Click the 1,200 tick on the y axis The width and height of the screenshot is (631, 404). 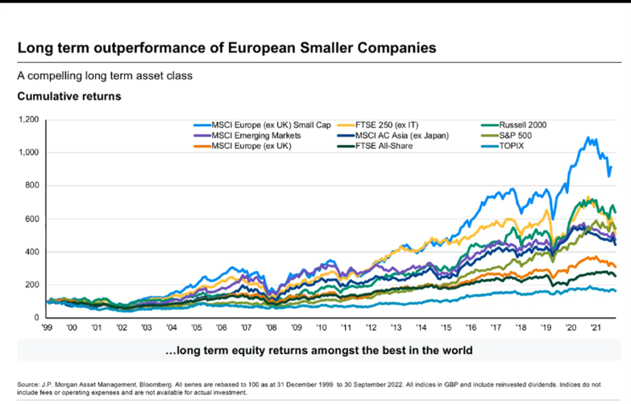pyautogui.click(x=28, y=119)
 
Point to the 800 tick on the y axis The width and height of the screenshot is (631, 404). pyautogui.click(x=31, y=185)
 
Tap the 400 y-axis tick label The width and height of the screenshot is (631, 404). pyautogui.click(x=31, y=252)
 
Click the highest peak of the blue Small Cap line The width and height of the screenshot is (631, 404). pyautogui.click(x=587, y=137)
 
